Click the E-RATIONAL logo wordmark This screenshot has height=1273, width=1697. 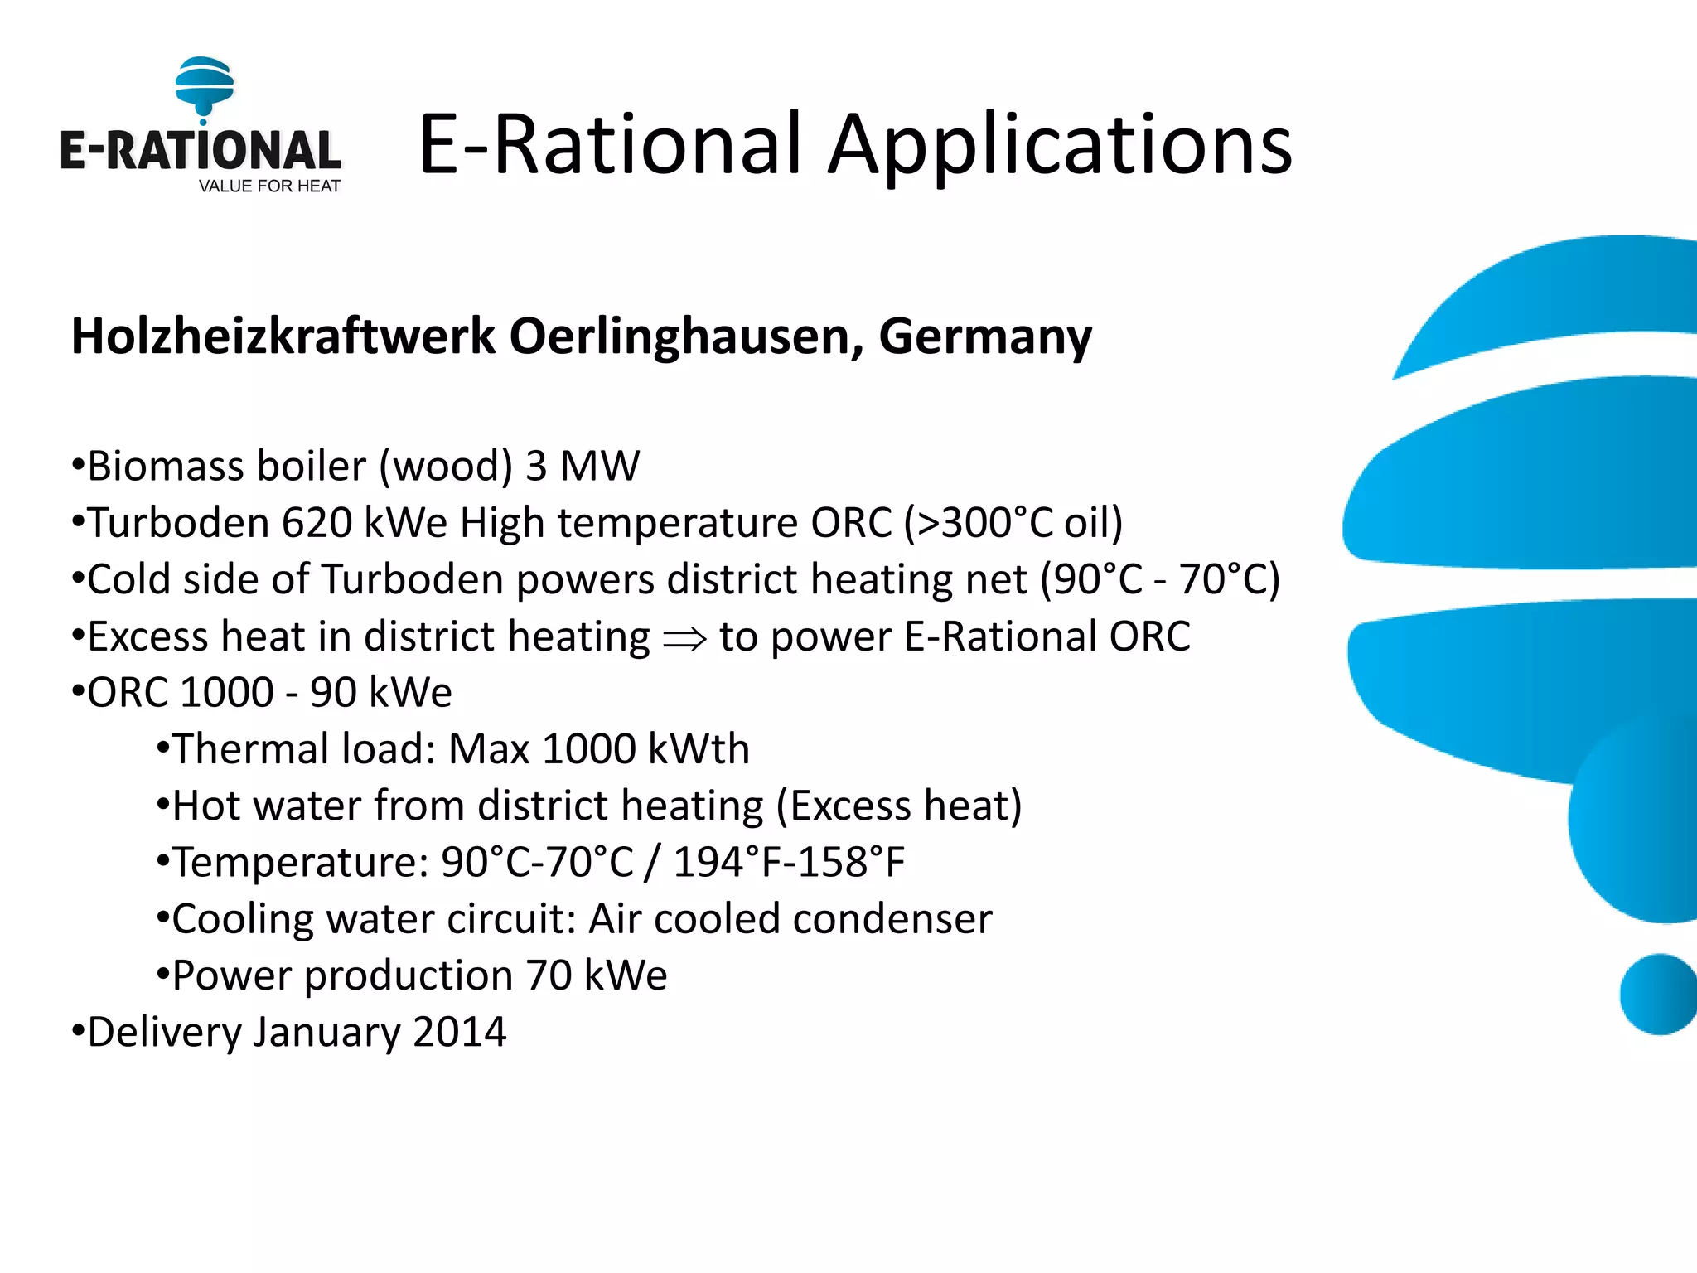pyautogui.click(x=200, y=151)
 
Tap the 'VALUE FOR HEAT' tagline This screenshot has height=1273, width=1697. pyautogui.click(x=269, y=186)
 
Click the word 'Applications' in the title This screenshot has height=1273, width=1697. pyautogui.click(x=1061, y=146)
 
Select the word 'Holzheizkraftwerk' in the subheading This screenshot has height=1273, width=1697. pyautogui.click(x=283, y=336)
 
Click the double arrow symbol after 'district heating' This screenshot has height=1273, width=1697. pyautogui.click(x=684, y=638)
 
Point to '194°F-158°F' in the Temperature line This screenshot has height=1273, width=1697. pyautogui.click(x=789, y=862)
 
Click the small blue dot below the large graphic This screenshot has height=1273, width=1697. pyautogui.click(x=1657, y=995)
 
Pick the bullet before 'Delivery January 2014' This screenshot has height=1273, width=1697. pyautogui.click(x=78, y=1033)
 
